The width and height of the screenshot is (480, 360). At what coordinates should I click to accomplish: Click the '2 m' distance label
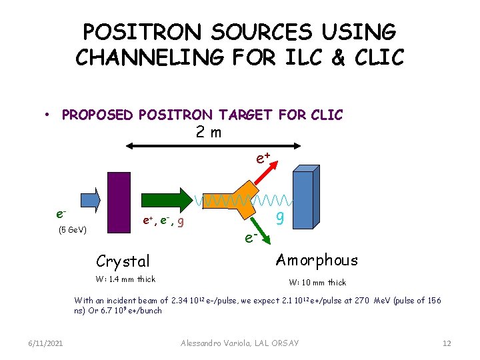pos(209,131)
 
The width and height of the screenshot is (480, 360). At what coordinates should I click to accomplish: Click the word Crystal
pos(123,261)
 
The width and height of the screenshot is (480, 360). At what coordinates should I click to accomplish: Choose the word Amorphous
pos(317,260)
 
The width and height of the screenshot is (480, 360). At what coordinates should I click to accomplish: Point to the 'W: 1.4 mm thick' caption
pos(125,279)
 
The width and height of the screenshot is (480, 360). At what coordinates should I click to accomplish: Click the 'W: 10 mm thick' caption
pos(317,282)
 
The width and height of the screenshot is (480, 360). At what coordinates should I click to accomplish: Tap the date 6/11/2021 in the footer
pos(46,343)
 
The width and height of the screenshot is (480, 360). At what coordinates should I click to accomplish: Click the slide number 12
pos(447,343)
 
